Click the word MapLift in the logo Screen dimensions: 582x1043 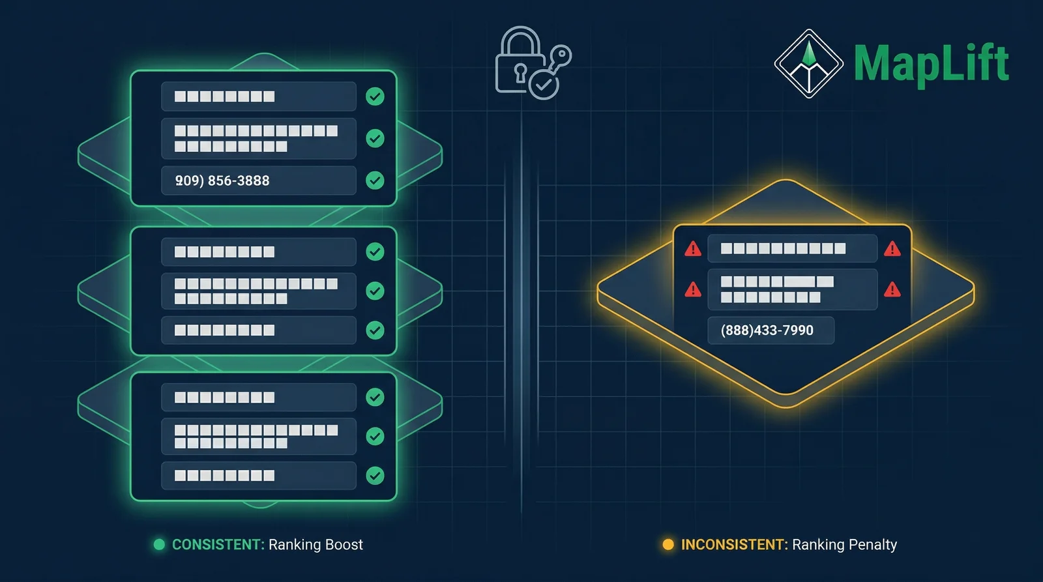click(x=931, y=63)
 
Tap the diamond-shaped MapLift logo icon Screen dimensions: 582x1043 click(x=808, y=64)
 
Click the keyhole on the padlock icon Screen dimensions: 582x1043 click(x=520, y=71)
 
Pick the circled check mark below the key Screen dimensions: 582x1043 click(x=544, y=85)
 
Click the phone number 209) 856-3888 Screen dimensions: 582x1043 click(x=222, y=181)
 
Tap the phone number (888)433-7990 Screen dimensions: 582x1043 click(x=767, y=330)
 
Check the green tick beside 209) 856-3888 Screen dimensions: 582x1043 click(x=375, y=181)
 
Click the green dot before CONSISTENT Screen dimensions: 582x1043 click(x=159, y=545)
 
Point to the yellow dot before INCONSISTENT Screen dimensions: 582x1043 click(x=668, y=545)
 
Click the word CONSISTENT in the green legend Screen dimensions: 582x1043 click(x=218, y=545)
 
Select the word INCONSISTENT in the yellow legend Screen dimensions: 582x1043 click(x=734, y=545)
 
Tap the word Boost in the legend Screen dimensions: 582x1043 click(x=342, y=545)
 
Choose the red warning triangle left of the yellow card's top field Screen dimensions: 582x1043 click(x=693, y=249)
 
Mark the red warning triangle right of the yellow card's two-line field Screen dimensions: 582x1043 click(x=892, y=290)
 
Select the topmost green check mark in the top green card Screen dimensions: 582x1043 click(x=375, y=96)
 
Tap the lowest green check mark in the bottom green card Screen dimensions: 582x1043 click(x=375, y=476)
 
